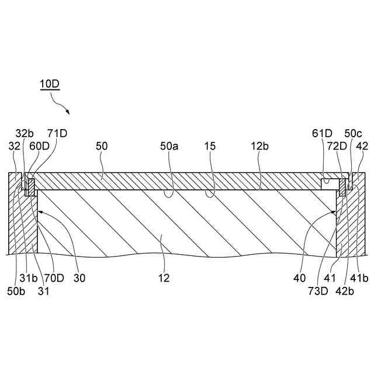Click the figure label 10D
[x=50, y=83]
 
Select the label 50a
[x=170, y=147]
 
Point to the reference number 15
[x=210, y=147]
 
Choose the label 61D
[x=324, y=133]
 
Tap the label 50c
[x=353, y=133]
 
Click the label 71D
[x=57, y=133]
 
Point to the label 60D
[x=40, y=147]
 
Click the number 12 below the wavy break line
[x=164, y=278]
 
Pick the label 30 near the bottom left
[x=79, y=278]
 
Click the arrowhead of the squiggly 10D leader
[x=69, y=113]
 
